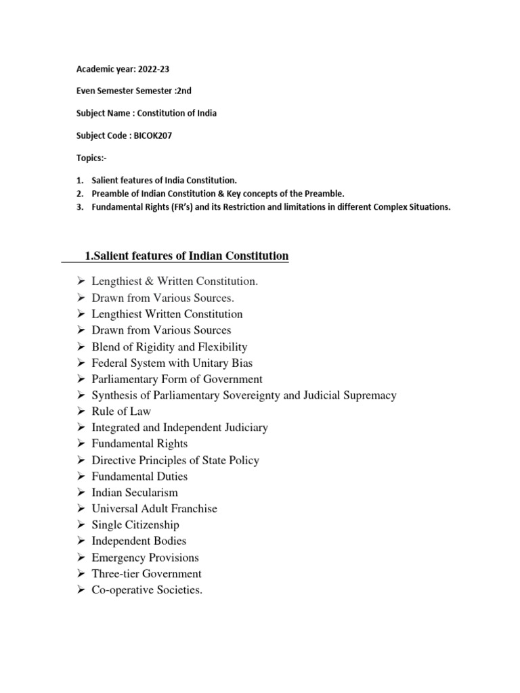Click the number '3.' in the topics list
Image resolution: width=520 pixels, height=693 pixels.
point(79,206)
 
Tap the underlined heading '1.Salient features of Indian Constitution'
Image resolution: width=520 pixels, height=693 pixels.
point(186,256)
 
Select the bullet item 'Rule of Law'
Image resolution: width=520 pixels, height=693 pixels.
point(121,411)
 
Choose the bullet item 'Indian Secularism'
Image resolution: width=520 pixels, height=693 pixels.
point(135,493)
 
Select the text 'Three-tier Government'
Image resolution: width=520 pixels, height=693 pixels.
point(146,574)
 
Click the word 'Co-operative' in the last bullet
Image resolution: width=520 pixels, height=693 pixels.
point(123,590)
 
